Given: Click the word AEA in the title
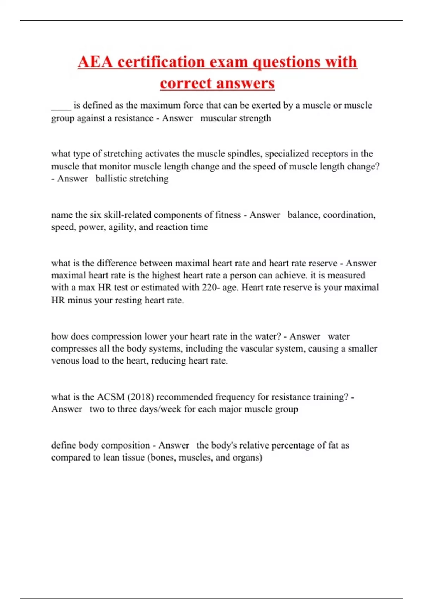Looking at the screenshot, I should [95, 62].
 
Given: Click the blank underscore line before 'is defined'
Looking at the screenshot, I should [61, 106].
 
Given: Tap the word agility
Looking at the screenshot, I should [121, 227].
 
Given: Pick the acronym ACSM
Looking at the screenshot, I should [111, 397].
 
